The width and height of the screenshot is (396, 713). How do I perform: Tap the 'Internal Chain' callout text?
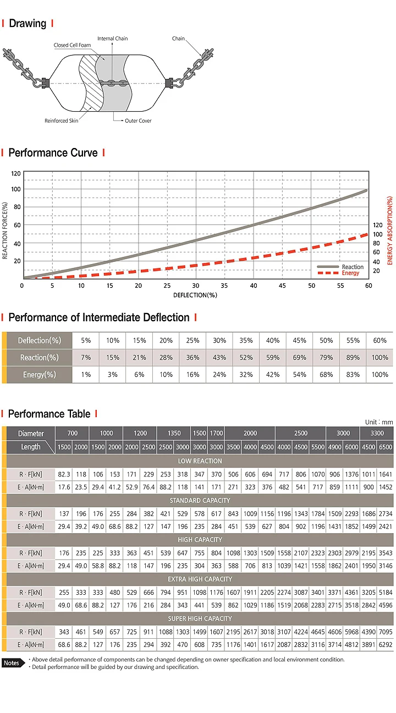coord(113,39)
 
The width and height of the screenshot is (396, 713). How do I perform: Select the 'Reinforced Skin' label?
coord(62,120)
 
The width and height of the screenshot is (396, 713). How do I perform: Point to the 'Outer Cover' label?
coord(137,120)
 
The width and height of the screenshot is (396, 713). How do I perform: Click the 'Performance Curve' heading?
coord(53,153)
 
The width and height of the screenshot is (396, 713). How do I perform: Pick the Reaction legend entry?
coord(353,267)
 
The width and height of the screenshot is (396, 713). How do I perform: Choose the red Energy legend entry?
coord(350,273)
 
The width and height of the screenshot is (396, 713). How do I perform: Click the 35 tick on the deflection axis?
coord(224,286)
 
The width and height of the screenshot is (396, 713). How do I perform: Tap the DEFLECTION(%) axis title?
coord(195,295)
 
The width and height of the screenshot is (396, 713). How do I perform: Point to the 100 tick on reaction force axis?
coord(16,189)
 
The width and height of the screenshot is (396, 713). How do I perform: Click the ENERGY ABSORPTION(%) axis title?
coord(391,231)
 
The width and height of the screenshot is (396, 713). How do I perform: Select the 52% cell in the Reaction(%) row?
coord(246,358)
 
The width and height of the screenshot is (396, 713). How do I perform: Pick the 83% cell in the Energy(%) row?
coord(353,375)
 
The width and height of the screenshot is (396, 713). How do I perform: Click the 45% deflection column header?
coord(299,341)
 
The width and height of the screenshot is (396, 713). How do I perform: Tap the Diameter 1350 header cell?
coord(174,433)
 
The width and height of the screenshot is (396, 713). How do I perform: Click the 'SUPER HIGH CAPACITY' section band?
coord(200,618)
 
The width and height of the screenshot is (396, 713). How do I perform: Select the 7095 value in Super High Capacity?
coord(386,632)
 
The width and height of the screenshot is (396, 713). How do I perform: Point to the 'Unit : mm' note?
coord(379,422)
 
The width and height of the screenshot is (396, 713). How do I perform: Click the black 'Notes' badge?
coord(12,663)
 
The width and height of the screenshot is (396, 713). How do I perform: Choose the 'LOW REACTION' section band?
coord(200,461)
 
